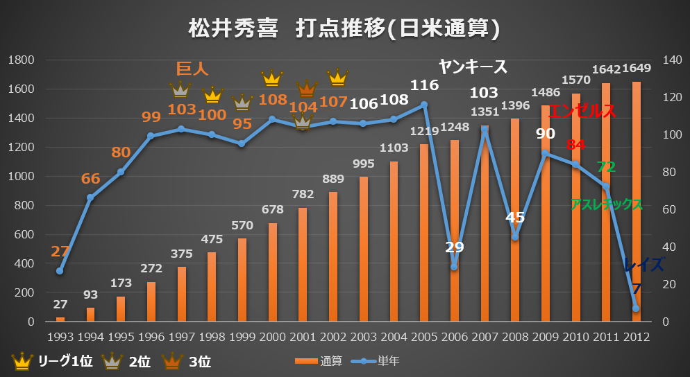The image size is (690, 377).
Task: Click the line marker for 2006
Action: (454, 267)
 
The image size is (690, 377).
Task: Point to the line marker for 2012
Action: (635, 308)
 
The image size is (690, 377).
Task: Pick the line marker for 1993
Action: (60, 271)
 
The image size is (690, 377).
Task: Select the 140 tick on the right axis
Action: (673, 60)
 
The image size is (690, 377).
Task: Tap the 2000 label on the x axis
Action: (271, 337)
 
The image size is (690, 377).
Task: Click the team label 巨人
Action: (192, 68)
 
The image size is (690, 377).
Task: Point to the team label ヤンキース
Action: (473, 67)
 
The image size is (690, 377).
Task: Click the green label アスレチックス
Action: (606, 204)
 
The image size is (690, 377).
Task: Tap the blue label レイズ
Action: (643, 264)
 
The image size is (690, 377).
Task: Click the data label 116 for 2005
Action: (424, 85)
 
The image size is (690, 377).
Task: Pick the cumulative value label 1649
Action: (637, 69)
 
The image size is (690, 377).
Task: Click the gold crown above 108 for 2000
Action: (271, 78)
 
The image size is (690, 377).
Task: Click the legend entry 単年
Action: (378, 360)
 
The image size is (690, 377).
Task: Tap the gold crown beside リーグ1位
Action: (22, 360)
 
